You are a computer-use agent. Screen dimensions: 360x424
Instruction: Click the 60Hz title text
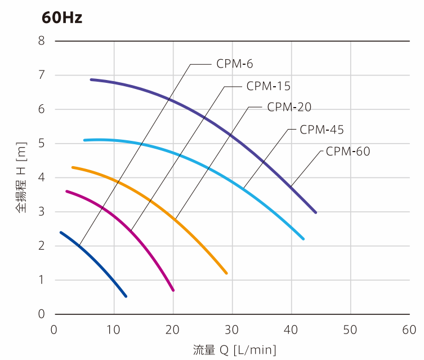pos(62,17)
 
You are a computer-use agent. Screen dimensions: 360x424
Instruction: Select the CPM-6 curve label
pos(235,64)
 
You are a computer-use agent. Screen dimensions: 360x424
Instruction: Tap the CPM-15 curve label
pos(268,86)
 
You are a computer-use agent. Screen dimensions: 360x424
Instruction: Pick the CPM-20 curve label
pos(289,108)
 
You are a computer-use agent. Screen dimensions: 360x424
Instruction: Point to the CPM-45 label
pos(322,130)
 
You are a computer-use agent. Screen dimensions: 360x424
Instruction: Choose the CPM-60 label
pos(348,152)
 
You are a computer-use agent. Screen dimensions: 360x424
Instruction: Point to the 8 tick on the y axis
pos(41,41)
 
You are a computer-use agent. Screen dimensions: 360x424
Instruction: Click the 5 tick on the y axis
pos(41,143)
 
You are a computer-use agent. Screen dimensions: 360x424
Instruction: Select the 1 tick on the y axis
pos(41,280)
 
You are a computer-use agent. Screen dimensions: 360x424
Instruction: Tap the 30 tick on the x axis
pos(232,329)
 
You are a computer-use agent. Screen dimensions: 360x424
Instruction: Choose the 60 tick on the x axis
pos(409,329)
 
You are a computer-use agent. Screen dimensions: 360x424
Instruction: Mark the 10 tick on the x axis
pos(114,329)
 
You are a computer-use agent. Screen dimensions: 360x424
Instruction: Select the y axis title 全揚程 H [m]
pos(21,177)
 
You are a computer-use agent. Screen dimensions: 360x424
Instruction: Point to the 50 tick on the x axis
pos(350,329)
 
